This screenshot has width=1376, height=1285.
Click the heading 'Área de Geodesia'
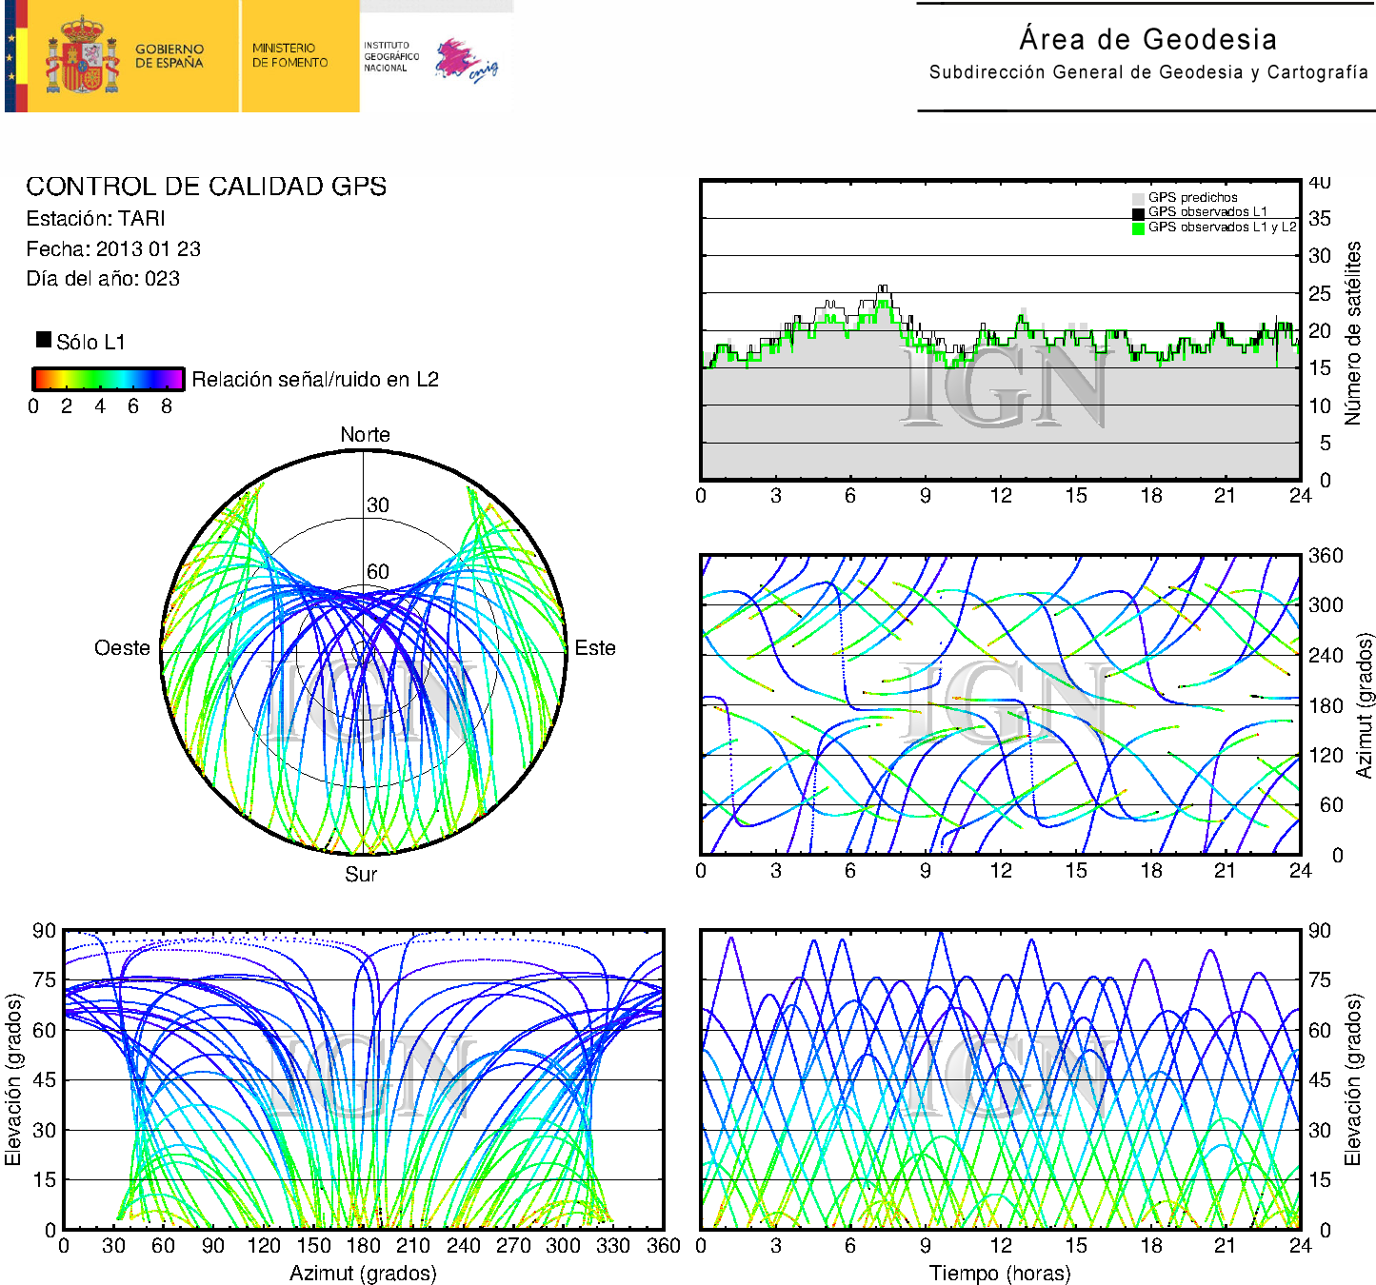tap(1147, 39)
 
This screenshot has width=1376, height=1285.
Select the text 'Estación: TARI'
tap(96, 219)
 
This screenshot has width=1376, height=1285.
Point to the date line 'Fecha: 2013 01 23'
tap(113, 249)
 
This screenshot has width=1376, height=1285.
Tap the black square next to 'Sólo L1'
tap(44, 340)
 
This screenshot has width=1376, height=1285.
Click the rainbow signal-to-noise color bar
tap(108, 379)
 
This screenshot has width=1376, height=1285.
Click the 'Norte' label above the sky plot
tap(365, 435)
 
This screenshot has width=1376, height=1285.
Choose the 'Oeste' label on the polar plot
tap(122, 648)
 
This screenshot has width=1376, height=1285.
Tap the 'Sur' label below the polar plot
tap(361, 874)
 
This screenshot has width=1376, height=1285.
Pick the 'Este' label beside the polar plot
tap(595, 648)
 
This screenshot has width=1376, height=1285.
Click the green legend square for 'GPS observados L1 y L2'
tap(1138, 228)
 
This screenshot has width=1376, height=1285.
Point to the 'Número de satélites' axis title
tap(1353, 332)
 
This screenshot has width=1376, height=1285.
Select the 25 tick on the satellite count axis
tap(1319, 293)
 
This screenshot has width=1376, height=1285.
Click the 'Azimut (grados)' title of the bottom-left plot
tap(363, 1273)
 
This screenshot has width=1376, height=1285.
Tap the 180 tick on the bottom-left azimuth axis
tap(363, 1246)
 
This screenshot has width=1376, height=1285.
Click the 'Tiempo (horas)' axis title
tap(1000, 1273)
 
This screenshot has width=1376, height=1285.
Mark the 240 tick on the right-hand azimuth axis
tap(1325, 655)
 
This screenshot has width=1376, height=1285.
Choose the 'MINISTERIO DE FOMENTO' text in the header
tap(289, 55)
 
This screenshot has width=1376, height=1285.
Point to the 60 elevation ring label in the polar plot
tap(378, 571)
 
